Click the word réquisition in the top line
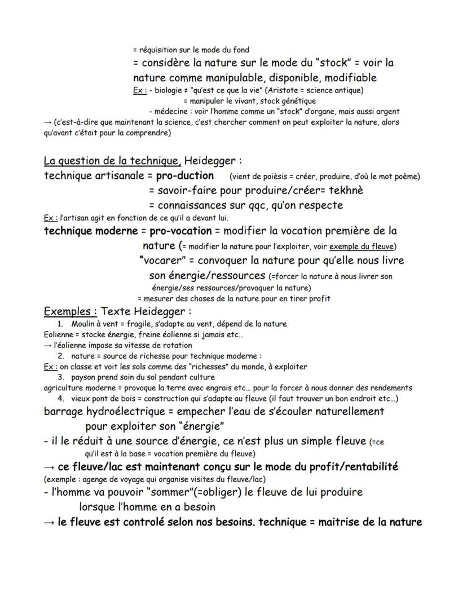click(157, 50)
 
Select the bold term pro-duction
click(185, 175)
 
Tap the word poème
click(406, 177)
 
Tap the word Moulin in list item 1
click(83, 324)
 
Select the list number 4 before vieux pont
click(60, 399)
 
